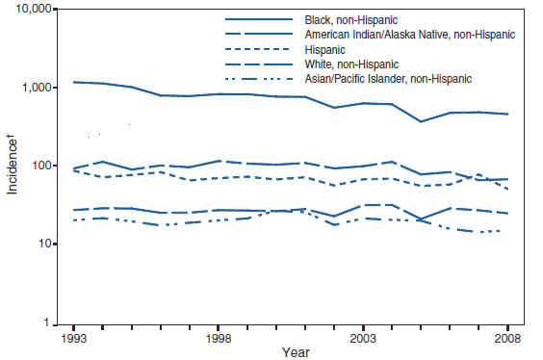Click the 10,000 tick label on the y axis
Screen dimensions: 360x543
point(36,10)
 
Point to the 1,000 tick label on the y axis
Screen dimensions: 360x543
point(39,88)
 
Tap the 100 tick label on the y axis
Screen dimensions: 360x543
point(44,166)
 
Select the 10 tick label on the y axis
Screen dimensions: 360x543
point(47,244)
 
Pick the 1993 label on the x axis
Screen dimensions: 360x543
point(73,339)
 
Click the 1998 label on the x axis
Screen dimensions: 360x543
point(219,339)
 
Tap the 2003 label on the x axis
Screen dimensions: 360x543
point(363,339)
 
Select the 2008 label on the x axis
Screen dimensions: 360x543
point(507,339)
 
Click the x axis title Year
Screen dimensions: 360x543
point(296,353)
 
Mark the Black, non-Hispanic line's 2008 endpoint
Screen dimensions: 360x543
point(507,115)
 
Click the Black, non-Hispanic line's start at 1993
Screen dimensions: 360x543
point(73,82)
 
